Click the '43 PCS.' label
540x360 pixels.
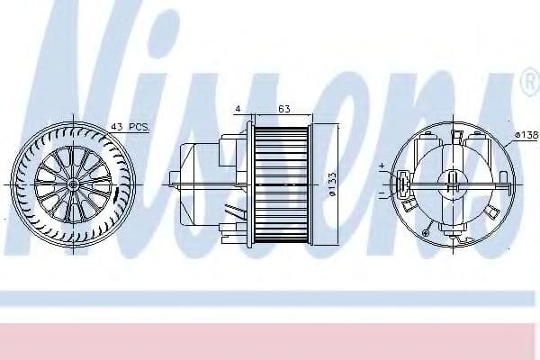[x=129, y=126]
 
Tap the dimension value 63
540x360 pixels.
[x=283, y=109]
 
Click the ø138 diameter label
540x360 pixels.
[x=526, y=134]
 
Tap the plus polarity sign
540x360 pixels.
[x=382, y=166]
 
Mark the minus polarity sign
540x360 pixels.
[x=382, y=193]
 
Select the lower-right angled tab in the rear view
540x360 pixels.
[x=494, y=213]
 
